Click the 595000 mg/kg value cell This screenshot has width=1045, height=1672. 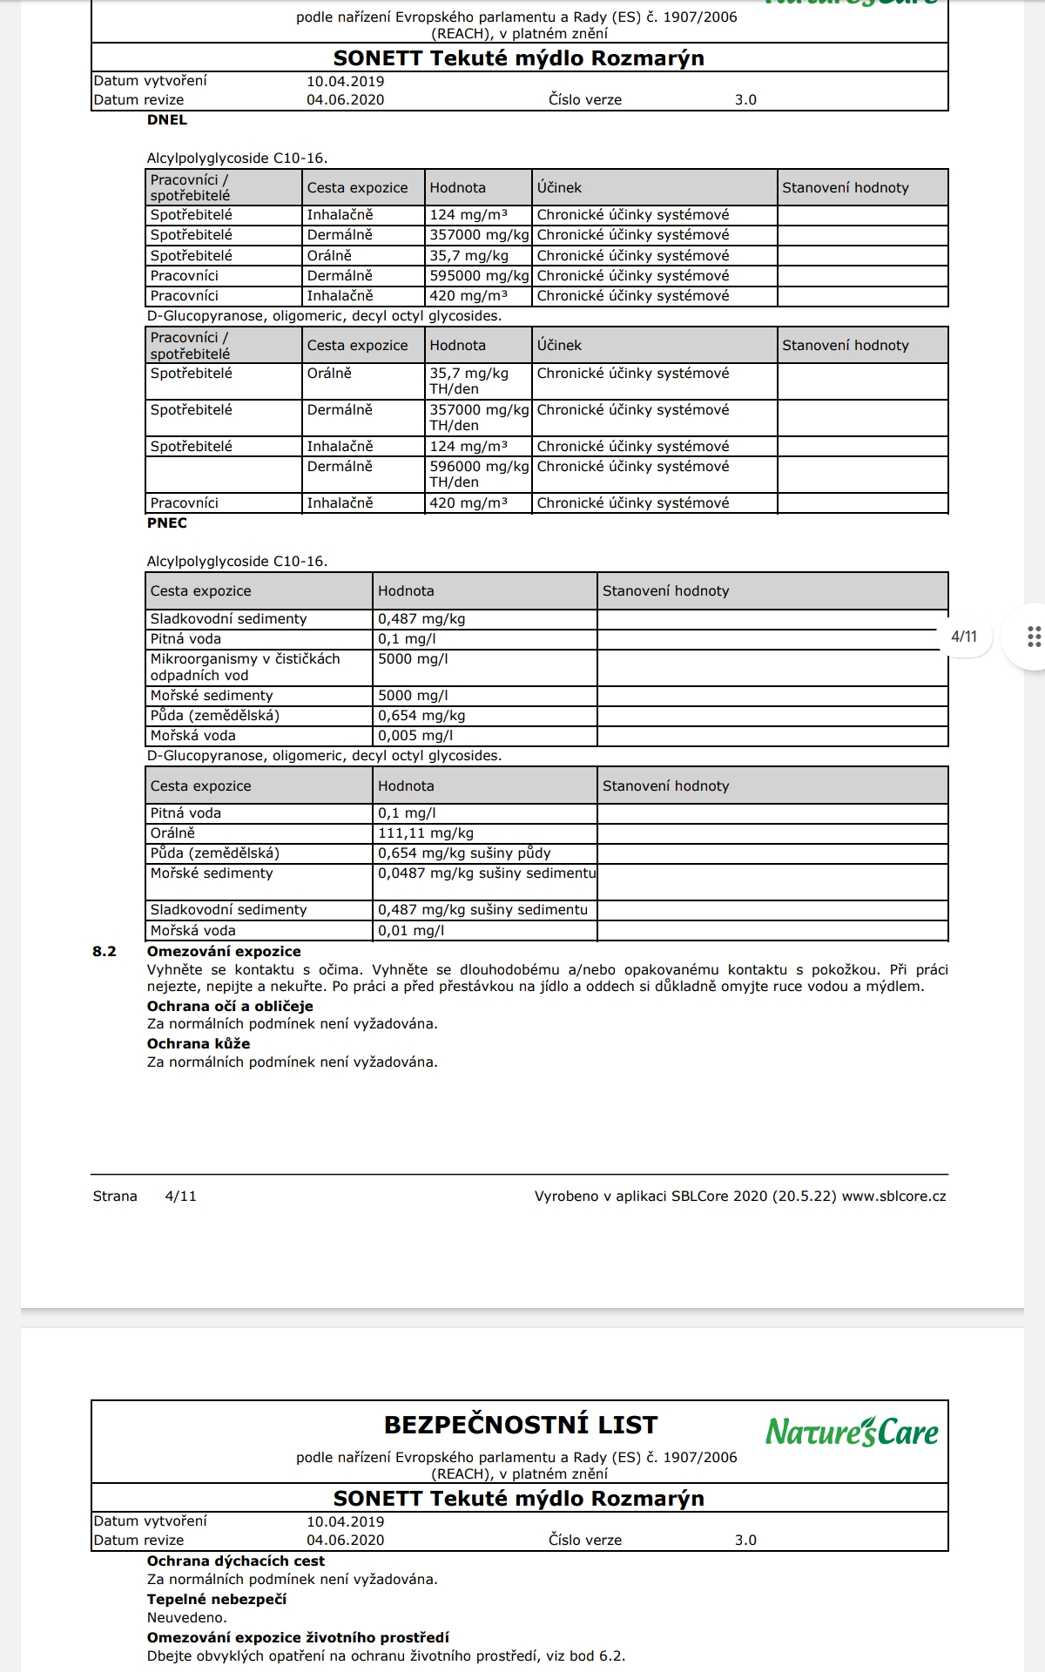click(479, 276)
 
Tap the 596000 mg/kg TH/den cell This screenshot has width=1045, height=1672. click(479, 474)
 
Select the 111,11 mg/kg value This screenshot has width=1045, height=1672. click(426, 833)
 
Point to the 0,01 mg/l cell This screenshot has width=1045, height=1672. click(411, 931)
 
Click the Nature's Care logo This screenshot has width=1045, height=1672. click(852, 1432)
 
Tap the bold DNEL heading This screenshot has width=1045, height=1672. click(167, 120)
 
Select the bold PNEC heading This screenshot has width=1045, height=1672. click(167, 523)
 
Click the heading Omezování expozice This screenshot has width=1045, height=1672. click(224, 952)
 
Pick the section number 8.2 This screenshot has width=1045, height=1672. click(104, 952)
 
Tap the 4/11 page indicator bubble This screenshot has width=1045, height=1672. click(964, 637)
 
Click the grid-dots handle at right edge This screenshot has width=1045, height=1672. click(1034, 637)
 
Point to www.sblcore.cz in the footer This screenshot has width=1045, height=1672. click(893, 1197)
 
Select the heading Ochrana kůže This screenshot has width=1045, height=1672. click(199, 1044)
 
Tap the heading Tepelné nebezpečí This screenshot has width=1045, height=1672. click(216, 1600)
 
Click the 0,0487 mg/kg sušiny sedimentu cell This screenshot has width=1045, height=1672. click(487, 873)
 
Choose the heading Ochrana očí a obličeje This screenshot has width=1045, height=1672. click(230, 1007)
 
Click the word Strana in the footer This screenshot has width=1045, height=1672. click(115, 1197)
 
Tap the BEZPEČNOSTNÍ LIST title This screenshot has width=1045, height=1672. click(521, 1426)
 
